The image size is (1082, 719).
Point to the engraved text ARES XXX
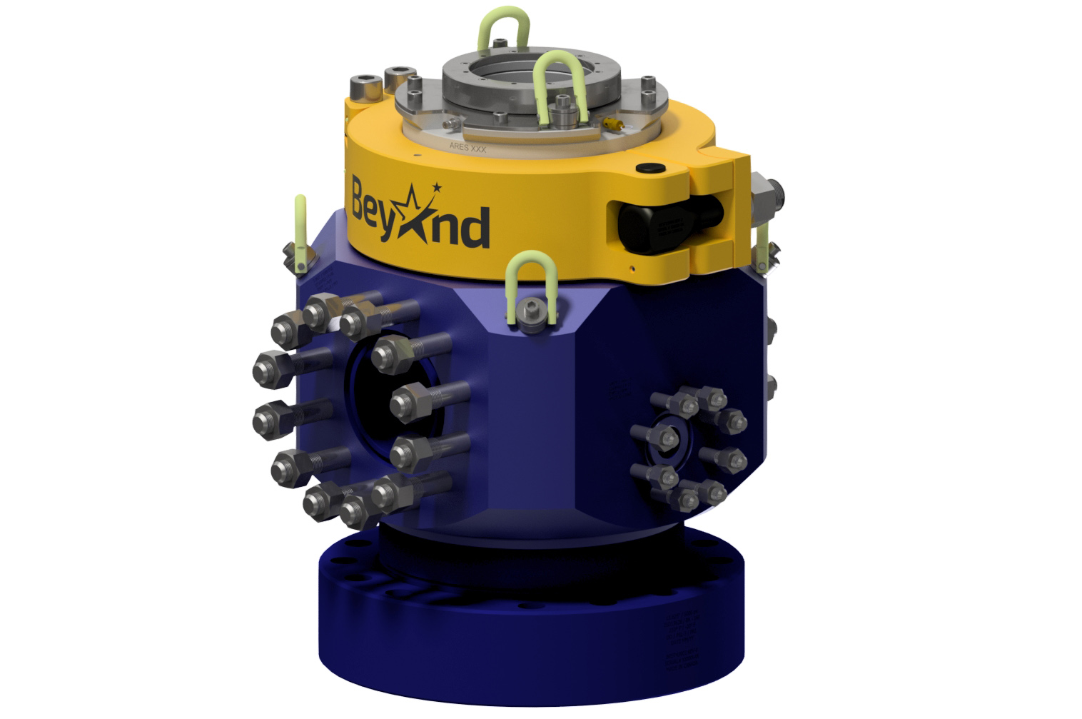pos(467,147)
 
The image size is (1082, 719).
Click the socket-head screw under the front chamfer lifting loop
pos(530,311)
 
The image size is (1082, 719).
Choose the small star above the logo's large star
pos(437,188)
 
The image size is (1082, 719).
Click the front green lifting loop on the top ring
pos(561,89)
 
